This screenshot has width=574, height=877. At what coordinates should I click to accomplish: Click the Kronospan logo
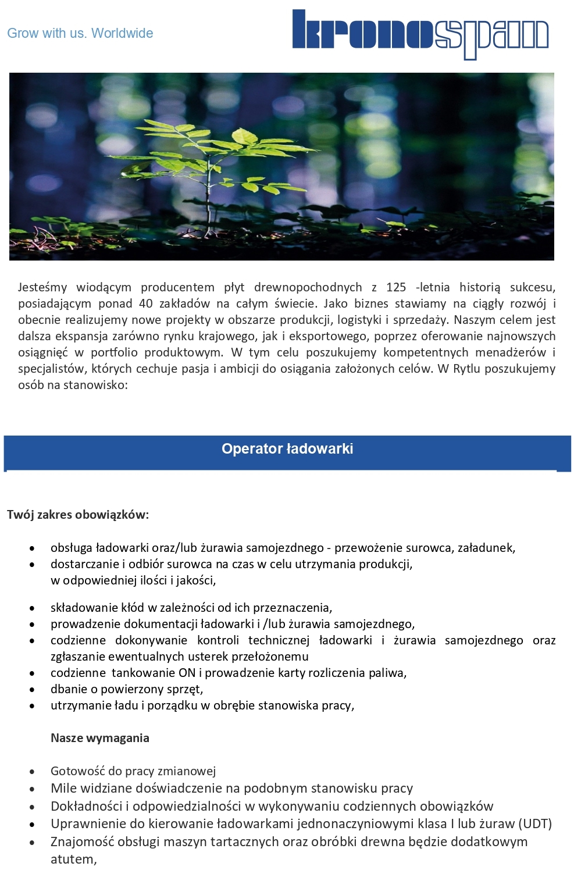pyautogui.click(x=420, y=34)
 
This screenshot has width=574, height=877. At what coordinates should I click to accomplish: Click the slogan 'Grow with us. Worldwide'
pyautogui.click(x=80, y=33)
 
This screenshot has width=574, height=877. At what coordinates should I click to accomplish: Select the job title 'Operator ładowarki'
pyautogui.click(x=287, y=448)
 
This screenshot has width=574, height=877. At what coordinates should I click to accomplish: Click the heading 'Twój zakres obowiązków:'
pyautogui.click(x=78, y=515)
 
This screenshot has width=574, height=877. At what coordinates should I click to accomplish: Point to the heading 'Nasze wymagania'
pyautogui.click(x=100, y=738)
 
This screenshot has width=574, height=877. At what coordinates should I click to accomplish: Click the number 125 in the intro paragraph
pyautogui.click(x=396, y=287)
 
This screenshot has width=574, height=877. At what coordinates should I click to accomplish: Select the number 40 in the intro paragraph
pyautogui.click(x=145, y=304)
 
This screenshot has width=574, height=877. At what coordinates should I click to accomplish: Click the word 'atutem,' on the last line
pyautogui.click(x=74, y=859)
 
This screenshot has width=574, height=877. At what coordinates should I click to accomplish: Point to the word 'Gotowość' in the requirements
pyautogui.click(x=77, y=771)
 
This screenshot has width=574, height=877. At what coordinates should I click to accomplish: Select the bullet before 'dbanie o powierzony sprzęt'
pyautogui.click(x=33, y=690)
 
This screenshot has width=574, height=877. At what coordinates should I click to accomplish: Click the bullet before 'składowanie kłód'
pyautogui.click(x=33, y=608)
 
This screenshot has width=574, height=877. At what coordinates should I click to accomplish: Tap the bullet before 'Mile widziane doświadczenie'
pyautogui.click(x=33, y=789)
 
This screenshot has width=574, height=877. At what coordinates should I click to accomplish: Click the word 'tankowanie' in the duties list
pyautogui.click(x=144, y=673)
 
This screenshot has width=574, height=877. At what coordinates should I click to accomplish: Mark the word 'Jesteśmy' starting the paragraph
pyautogui.click(x=42, y=287)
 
